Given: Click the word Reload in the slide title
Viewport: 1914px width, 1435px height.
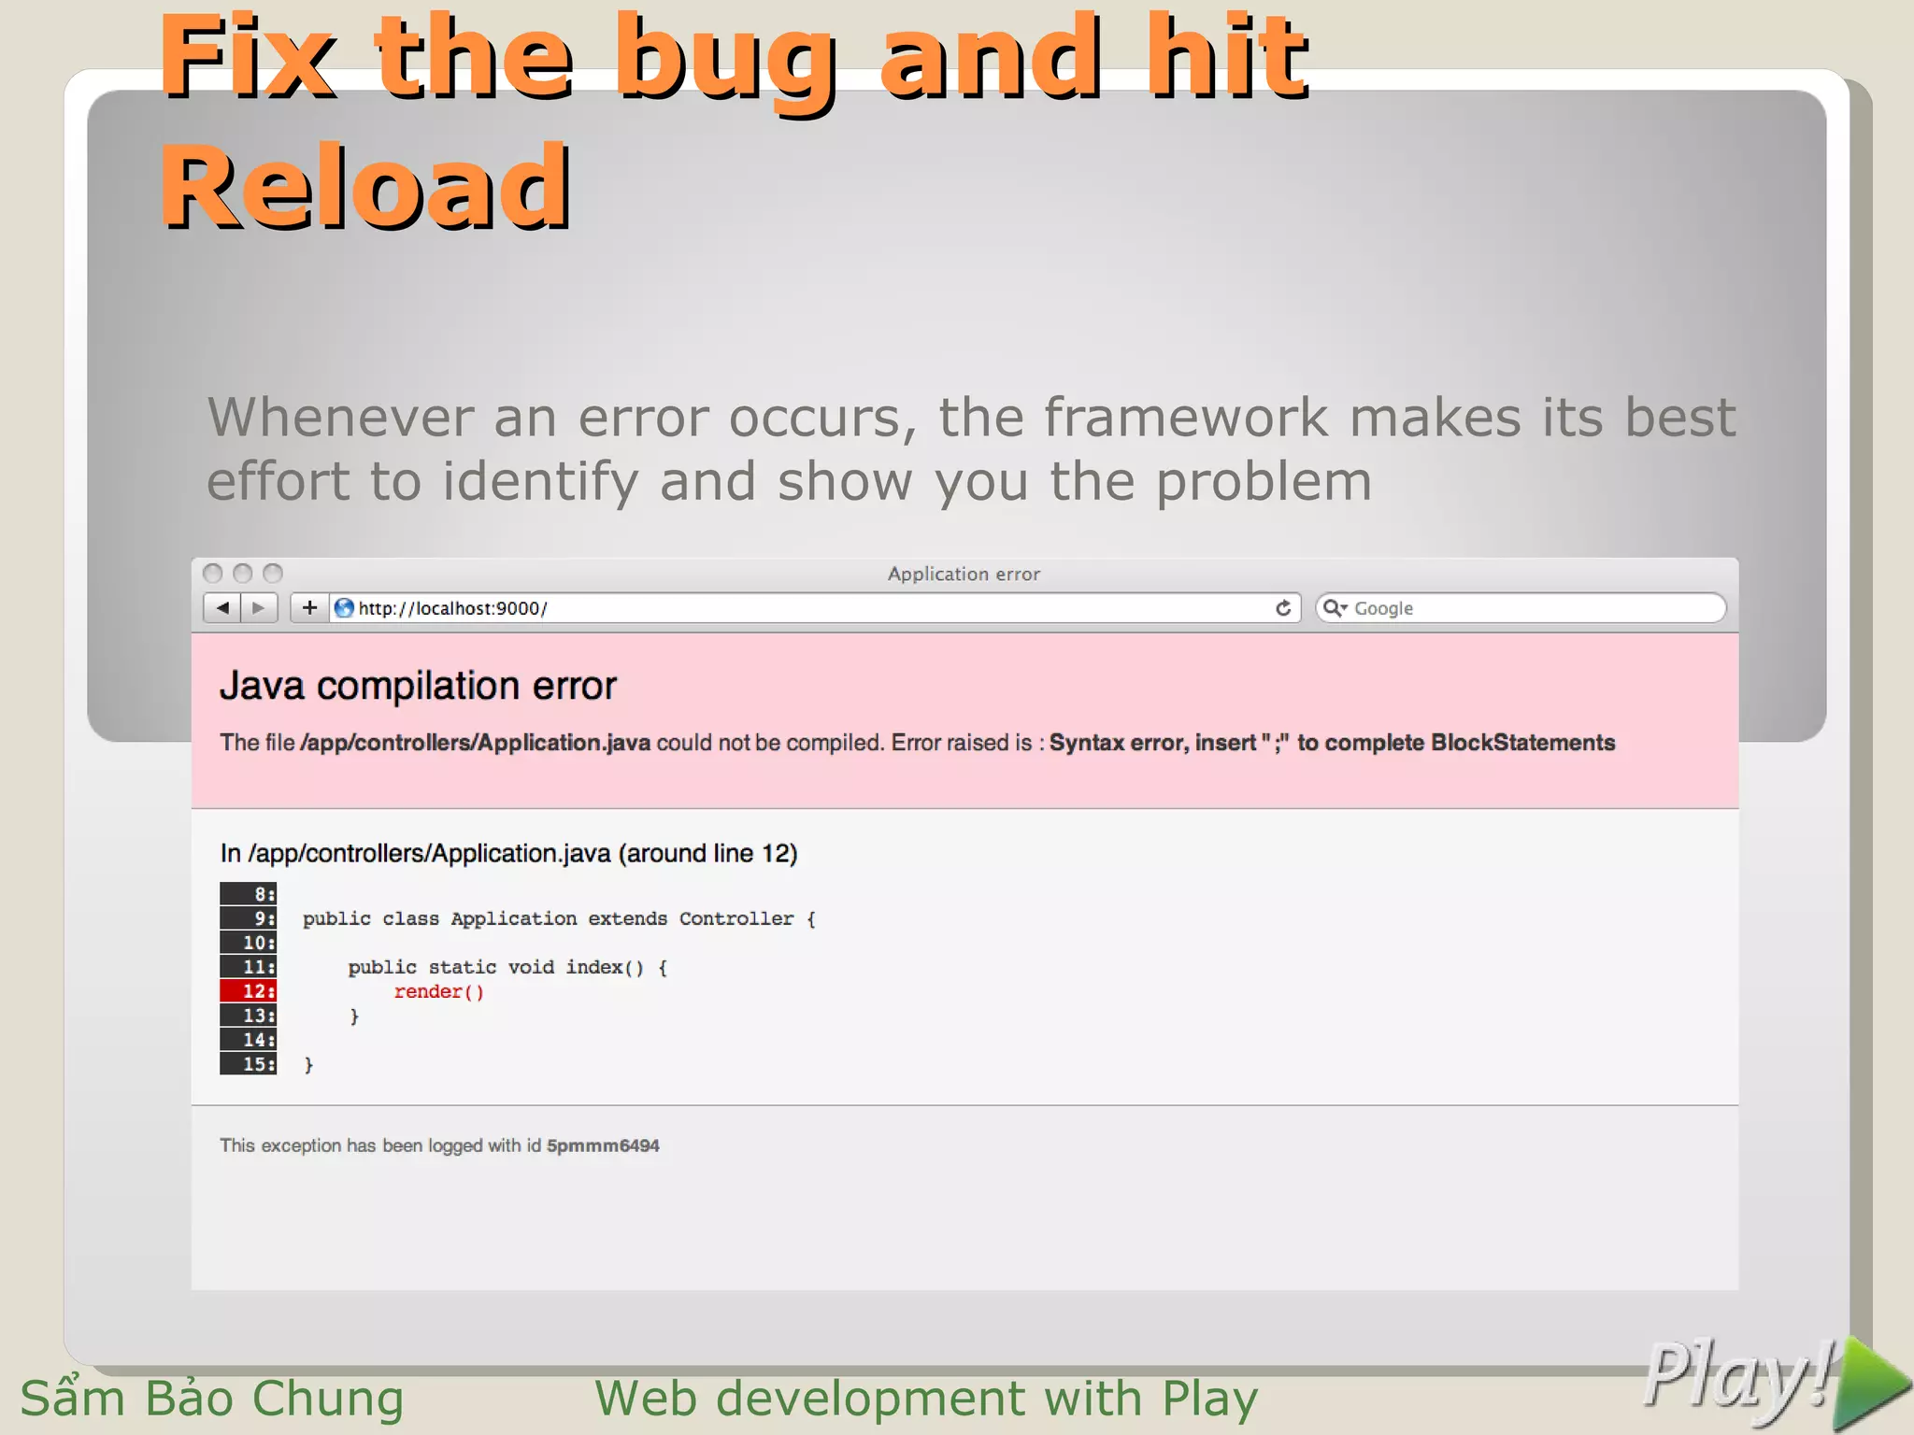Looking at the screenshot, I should pyautogui.click(x=364, y=187).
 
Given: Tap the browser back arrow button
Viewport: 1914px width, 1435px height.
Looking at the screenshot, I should pyautogui.click(x=222, y=608).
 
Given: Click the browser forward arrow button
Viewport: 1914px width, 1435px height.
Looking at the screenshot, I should pyautogui.click(x=259, y=608).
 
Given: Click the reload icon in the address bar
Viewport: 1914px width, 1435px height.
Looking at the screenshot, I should pyautogui.click(x=1283, y=608).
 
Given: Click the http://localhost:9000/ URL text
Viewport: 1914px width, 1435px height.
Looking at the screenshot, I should pyautogui.click(x=452, y=609).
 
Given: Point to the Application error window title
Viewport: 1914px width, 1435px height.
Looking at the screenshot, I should pyautogui.click(x=964, y=574).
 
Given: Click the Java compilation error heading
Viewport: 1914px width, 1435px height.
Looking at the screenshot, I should pyautogui.click(x=418, y=687).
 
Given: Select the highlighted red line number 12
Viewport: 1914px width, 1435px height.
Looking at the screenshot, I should pyautogui.click(x=249, y=991).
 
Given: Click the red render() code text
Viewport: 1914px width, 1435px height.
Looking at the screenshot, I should pyautogui.click(x=438, y=992).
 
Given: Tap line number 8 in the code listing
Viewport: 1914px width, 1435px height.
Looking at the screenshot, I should pyautogui.click(x=249, y=894).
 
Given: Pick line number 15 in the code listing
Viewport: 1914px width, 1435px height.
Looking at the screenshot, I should pyautogui.click(x=249, y=1064).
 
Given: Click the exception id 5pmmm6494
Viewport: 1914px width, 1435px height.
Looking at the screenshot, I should pyautogui.click(x=603, y=1145).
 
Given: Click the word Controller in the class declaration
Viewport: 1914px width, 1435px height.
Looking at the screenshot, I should pyautogui.click(x=736, y=919).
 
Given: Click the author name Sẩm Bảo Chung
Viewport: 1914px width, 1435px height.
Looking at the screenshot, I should pyautogui.click(x=212, y=1399).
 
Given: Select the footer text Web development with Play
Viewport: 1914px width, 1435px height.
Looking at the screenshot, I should pyautogui.click(x=926, y=1399).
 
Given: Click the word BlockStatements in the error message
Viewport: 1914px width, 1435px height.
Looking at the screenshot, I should pyautogui.click(x=1522, y=743).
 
